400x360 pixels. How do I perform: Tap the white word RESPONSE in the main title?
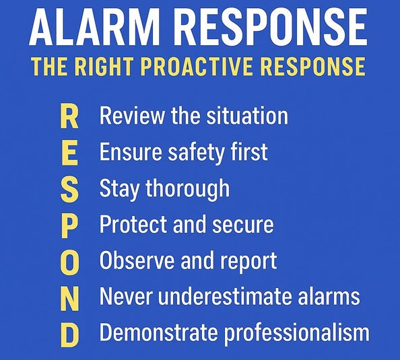[x=271, y=26]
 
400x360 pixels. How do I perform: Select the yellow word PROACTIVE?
[x=198, y=66]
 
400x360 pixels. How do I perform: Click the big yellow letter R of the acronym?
[x=69, y=117]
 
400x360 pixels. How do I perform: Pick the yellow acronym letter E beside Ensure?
[x=69, y=153]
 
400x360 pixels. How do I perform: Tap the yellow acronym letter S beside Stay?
[x=69, y=189]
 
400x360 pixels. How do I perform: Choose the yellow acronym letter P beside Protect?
[x=69, y=225]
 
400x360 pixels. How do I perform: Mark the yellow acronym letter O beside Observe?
[x=69, y=261]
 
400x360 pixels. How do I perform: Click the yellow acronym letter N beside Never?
[x=69, y=297]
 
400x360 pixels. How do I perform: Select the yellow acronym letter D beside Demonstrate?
[x=69, y=334]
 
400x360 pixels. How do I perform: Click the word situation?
[x=247, y=116]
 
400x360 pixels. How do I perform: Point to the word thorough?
[x=187, y=189]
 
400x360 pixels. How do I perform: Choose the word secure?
[x=243, y=225]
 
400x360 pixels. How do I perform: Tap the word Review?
[x=132, y=116]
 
